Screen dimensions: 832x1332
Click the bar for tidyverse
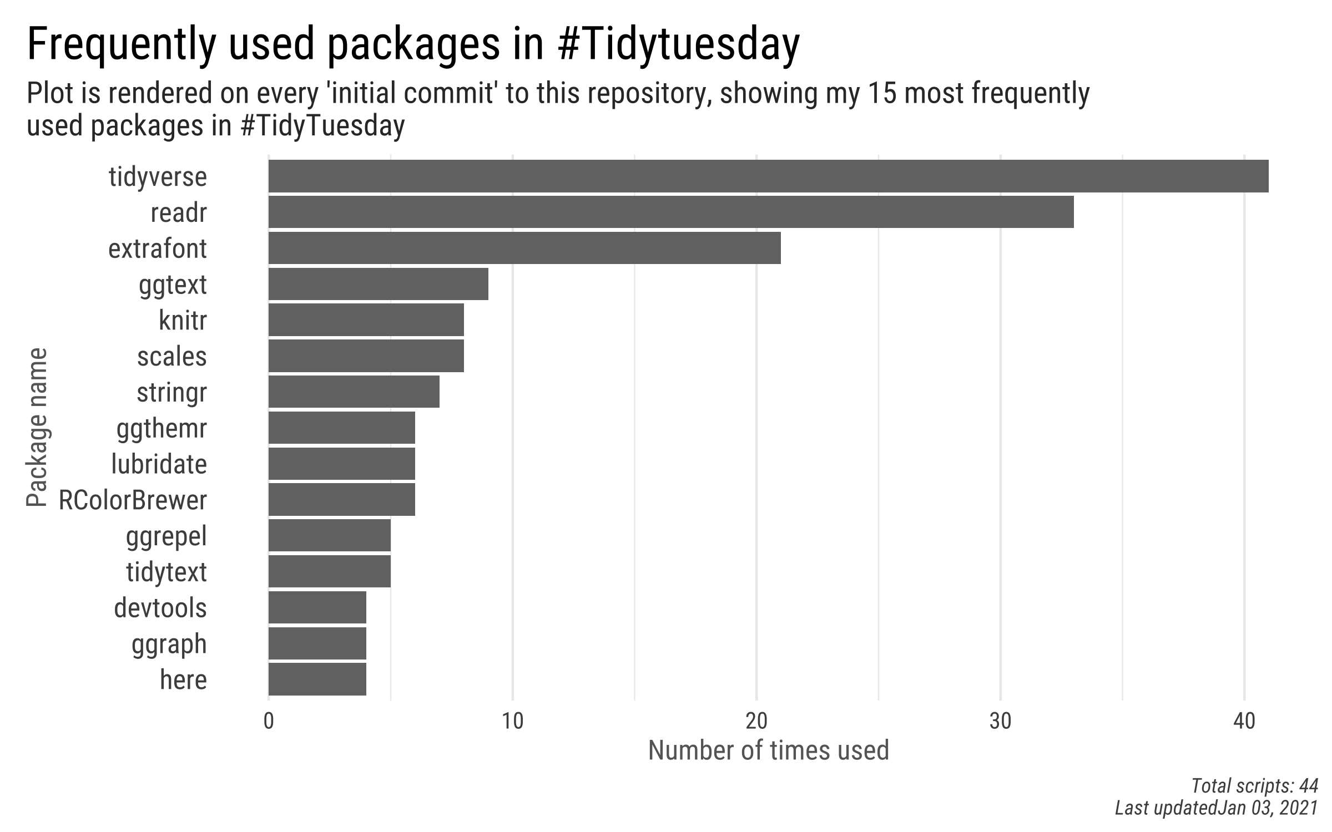[x=768, y=176]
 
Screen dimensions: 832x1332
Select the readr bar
[x=670, y=212]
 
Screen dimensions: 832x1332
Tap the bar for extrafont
[x=524, y=248]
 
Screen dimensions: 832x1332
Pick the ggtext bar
[x=378, y=284]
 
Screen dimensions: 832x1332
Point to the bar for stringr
[x=354, y=392]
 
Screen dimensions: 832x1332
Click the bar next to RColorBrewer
[x=341, y=499]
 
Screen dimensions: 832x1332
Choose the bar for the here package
[x=317, y=679]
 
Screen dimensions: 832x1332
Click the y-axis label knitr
[x=183, y=321]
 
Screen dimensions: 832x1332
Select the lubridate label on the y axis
[x=159, y=464]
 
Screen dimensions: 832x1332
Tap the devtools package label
[x=160, y=608]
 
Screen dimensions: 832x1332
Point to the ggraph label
[x=169, y=644]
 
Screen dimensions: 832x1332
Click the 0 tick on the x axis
[x=269, y=722]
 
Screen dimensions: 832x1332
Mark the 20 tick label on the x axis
[x=756, y=722]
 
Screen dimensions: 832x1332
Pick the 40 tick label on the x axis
[x=1244, y=722]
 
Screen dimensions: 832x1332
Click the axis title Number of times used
[x=768, y=750]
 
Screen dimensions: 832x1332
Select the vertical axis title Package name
[x=37, y=427]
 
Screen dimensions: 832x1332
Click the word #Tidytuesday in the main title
[x=678, y=44]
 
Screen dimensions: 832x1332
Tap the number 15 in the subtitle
[x=881, y=93]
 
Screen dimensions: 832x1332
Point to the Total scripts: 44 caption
[x=1254, y=786]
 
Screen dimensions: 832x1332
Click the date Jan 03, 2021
[x=1268, y=808]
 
